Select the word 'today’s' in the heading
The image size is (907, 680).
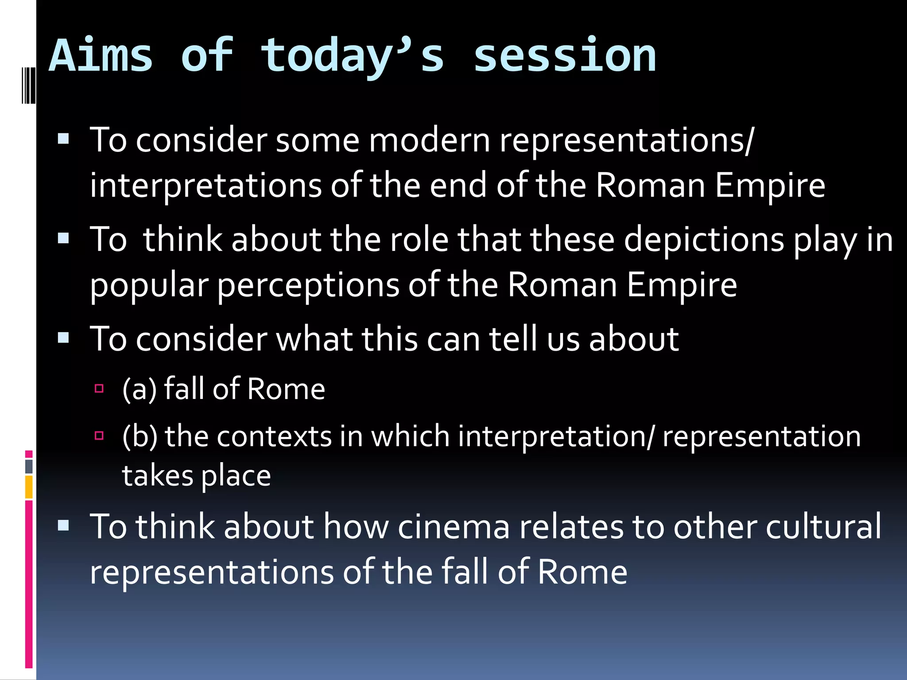tap(352, 57)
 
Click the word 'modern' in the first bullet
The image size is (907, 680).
tap(429, 140)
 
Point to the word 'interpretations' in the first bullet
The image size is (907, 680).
tap(205, 185)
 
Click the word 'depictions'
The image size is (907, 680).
tap(704, 240)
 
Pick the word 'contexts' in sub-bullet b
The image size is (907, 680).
tap(274, 437)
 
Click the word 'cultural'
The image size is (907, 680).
tap(823, 527)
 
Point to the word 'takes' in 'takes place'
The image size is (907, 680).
tap(158, 476)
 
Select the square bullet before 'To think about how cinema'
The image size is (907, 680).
tap(63, 525)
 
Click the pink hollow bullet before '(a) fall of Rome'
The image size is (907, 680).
tap(99, 389)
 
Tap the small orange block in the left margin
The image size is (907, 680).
tap(29, 487)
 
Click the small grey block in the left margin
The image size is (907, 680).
tap(29, 466)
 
